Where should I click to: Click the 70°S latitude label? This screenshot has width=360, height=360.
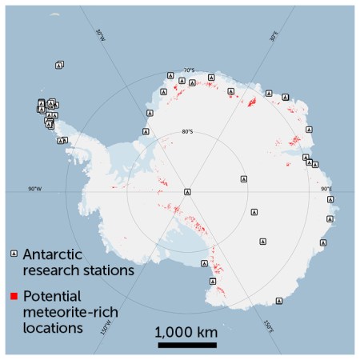[x=189, y=70]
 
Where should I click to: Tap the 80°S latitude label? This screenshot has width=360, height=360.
[x=187, y=132]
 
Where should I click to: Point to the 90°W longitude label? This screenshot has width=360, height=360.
[x=34, y=189]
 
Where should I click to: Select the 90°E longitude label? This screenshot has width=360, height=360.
[x=326, y=189]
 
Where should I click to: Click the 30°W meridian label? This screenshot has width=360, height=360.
[x=99, y=37]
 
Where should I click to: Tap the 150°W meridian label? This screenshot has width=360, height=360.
[x=104, y=329]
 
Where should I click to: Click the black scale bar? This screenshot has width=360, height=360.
[x=187, y=346]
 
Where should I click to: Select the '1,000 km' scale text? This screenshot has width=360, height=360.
[x=187, y=331]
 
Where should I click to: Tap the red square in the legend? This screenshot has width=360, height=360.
[x=13, y=297]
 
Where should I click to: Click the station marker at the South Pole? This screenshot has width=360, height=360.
[x=187, y=192]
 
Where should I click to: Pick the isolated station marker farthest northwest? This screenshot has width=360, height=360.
[x=59, y=65]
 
